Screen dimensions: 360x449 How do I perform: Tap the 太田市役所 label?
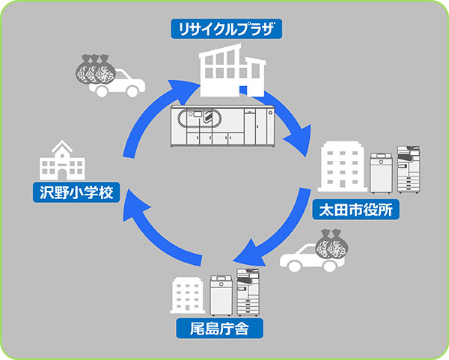click(x=356, y=209)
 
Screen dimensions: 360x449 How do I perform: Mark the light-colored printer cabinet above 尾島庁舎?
click(x=222, y=295)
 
